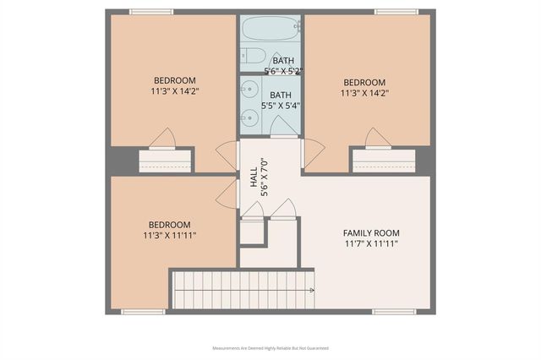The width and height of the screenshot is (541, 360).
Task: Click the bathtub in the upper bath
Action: point(270,30)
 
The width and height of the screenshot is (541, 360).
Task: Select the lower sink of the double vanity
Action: point(249,117)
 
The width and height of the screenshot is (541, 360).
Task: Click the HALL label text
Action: point(254,178)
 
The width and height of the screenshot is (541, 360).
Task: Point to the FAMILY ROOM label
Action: point(370,232)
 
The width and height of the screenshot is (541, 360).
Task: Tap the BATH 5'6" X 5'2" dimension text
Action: point(282,71)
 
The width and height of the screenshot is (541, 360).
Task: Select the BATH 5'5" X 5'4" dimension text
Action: point(281,106)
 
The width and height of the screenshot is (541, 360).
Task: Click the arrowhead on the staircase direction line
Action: point(313,290)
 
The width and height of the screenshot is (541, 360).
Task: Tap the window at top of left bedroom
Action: point(151,12)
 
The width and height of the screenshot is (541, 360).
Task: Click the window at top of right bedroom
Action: point(396,12)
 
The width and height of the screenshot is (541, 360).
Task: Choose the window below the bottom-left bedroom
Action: point(144,312)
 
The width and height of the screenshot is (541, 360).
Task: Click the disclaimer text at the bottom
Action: point(270,348)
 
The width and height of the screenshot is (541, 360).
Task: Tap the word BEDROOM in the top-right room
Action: point(363,82)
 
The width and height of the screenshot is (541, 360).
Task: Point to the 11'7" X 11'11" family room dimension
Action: point(370,243)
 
